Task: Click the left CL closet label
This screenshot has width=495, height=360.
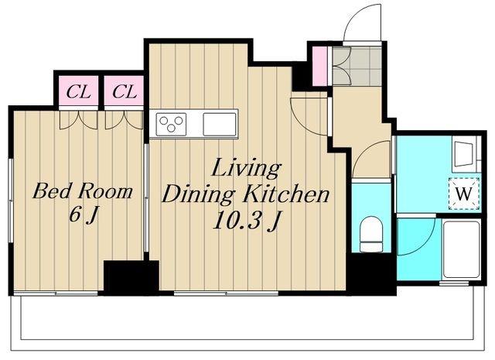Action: [x=79, y=92]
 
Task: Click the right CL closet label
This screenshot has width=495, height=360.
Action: [x=125, y=92]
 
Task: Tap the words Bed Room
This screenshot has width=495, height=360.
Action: [x=83, y=191]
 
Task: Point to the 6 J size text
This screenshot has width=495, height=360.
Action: [x=83, y=215]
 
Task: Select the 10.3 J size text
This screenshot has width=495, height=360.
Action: [x=247, y=221]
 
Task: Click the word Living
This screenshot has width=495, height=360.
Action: [x=246, y=169]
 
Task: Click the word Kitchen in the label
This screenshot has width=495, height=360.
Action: [x=286, y=194]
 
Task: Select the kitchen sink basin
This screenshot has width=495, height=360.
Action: [x=220, y=124]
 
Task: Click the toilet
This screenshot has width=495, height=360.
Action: [x=371, y=234]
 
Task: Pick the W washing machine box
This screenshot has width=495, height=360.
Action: [x=464, y=194]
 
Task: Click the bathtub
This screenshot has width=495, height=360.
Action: [x=461, y=249]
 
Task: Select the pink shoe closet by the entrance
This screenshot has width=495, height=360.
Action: [x=319, y=66]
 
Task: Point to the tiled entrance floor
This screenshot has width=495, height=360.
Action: [x=357, y=66]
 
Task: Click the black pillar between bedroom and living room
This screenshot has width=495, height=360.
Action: [x=131, y=277]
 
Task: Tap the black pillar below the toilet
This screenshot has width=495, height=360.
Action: [x=371, y=274]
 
